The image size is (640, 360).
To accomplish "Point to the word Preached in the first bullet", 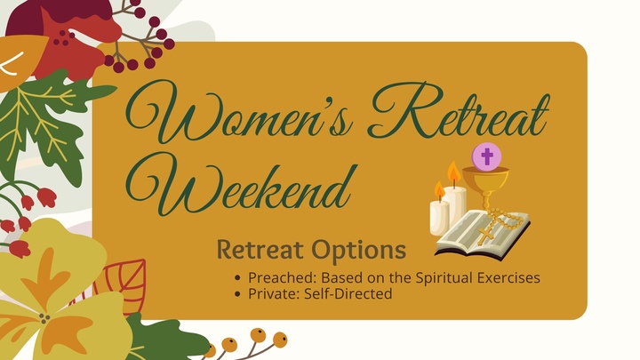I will [280, 277].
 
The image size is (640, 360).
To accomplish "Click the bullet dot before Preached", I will [238, 278].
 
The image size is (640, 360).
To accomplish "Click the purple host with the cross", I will [485, 158].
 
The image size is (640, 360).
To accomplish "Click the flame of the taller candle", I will [454, 172].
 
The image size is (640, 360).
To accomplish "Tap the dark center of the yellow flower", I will [44, 316].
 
